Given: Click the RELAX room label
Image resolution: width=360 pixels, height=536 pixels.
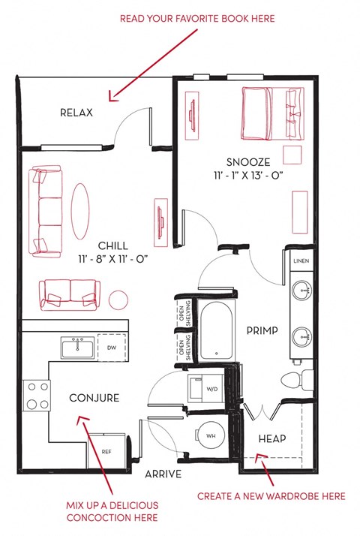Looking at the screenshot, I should [x=76, y=113].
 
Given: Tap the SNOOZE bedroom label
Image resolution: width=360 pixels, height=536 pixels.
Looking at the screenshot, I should [x=244, y=162].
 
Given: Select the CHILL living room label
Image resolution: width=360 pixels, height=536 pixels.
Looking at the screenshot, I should [x=112, y=246].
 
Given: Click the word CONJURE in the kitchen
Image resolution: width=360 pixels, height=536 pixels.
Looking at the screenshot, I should [x=94, y=398].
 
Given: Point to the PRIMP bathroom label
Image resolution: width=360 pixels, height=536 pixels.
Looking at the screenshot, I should [x=262, y=330].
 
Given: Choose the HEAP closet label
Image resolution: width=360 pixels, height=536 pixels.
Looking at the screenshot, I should [x=271, y=438].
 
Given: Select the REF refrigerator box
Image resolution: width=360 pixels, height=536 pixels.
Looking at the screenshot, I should [x=107, y=452].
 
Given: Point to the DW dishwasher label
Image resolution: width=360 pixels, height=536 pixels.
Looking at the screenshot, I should [x=110, y=348].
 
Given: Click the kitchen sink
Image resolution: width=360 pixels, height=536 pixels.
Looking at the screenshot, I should [x=76, y=348].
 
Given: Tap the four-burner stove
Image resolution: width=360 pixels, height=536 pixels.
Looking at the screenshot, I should [x=34, y=396].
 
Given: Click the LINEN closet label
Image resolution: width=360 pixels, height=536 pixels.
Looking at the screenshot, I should [x=301, y=260].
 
